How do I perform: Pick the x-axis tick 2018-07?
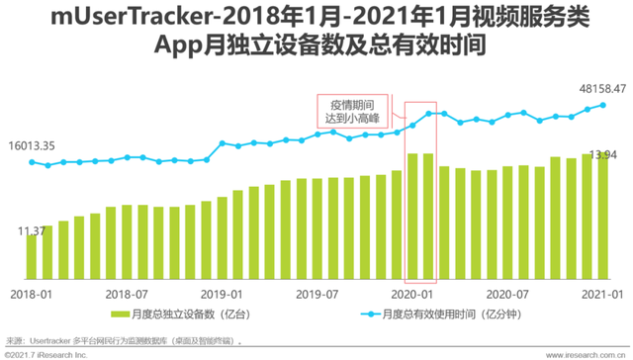point(126,295)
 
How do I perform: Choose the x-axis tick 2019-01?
point(222,295)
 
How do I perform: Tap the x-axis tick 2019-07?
point(317,295)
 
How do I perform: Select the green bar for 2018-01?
point(32,260)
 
